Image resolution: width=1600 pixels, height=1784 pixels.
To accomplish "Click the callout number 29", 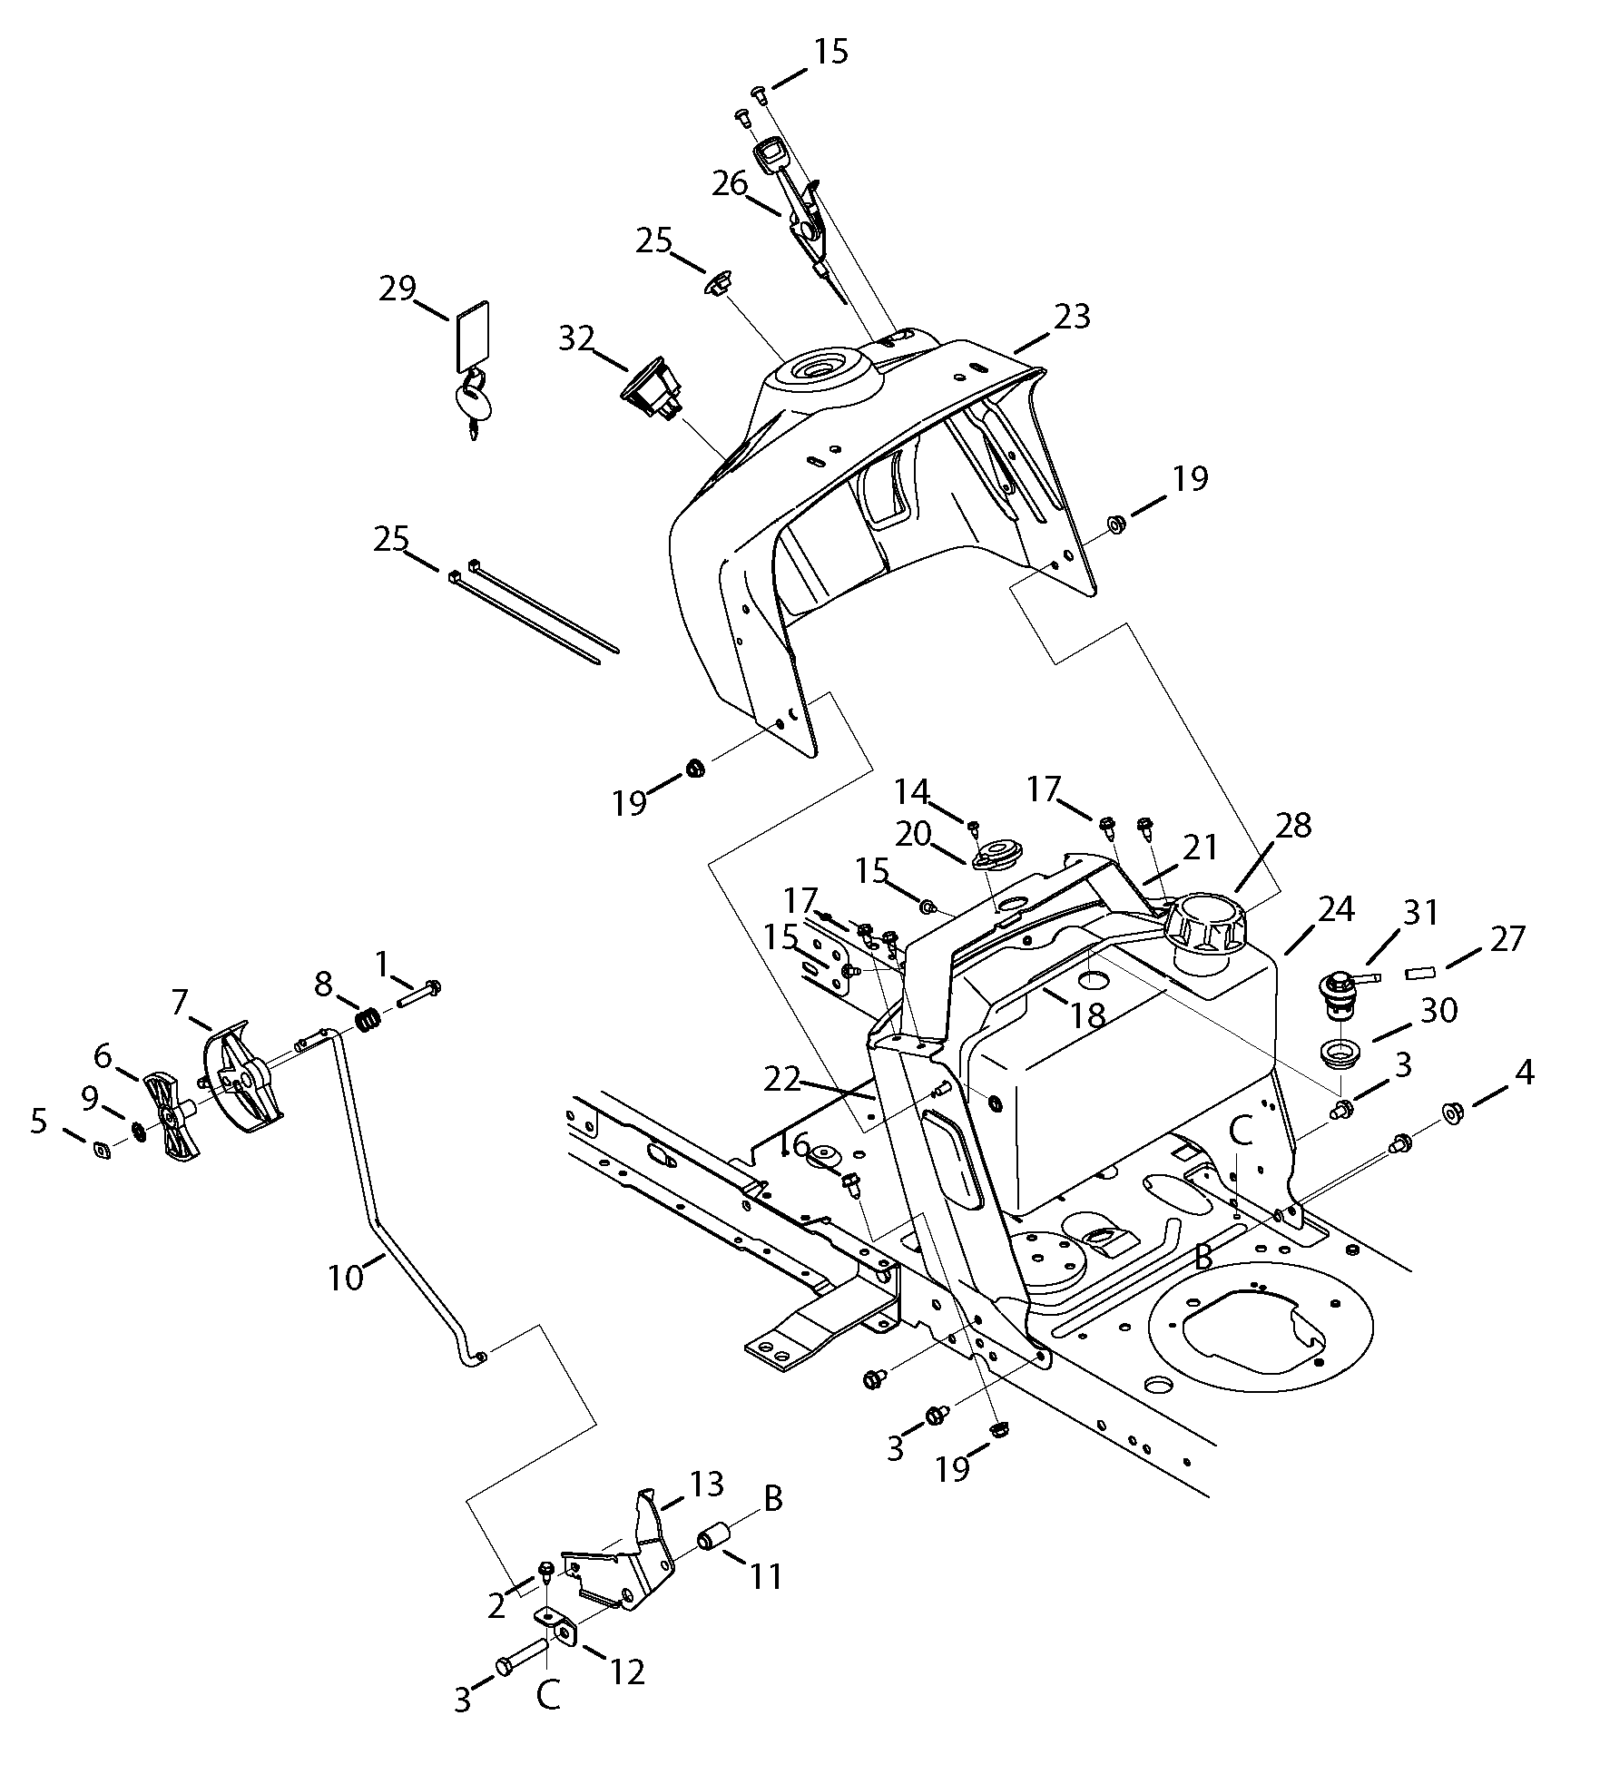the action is click(x=398, y=289).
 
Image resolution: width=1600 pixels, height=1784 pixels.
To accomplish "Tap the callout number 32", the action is click(x=576, y=338).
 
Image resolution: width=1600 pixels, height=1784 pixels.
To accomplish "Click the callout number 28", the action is click(x=1292, y=825).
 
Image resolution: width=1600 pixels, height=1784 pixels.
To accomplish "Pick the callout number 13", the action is click(x=706, y=1485).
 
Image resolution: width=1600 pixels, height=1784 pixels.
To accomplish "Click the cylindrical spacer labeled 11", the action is click(x=713, y=1541).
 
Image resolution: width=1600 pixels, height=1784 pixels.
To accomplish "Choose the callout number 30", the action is click(x=1438, y=1009).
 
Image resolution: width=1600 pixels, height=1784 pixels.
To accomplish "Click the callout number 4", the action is click(x=1525, y=1073).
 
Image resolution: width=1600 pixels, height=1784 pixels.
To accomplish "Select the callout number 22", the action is click(x=782, y=1079).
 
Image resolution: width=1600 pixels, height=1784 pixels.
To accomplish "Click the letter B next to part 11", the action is click(x=773, y=1498).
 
